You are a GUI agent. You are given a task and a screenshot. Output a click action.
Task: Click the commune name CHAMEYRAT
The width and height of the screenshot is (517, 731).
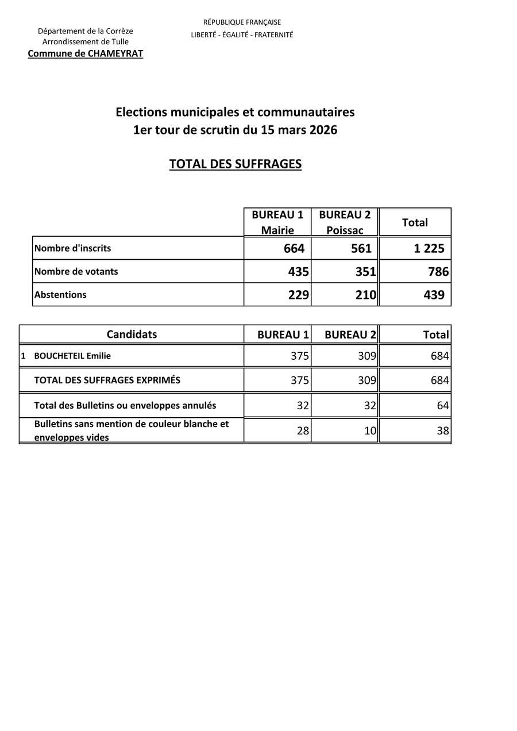pos(109,53)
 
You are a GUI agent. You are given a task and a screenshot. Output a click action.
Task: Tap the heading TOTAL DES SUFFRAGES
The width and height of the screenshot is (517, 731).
pos(235,164)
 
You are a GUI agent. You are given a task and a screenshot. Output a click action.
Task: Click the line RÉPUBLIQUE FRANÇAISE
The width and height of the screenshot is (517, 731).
pos(242,22)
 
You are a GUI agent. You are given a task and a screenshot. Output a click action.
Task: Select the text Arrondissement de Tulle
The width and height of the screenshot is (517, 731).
pos(86,42)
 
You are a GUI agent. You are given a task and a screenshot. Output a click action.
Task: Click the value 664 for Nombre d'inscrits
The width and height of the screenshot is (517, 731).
pos(294,249)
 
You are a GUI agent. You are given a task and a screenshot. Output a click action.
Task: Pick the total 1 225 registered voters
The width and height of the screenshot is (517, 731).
pos(429,249)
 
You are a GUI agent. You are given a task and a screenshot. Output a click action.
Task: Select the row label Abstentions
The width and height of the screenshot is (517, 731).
pos(60,295)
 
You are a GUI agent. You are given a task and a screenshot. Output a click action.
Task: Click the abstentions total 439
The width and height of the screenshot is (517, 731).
pos(434,295)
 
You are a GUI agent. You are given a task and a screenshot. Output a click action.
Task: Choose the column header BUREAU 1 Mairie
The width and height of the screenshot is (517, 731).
pos(277,222)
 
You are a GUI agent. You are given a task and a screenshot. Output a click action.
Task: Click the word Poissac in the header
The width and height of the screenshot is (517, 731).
pos(345,230)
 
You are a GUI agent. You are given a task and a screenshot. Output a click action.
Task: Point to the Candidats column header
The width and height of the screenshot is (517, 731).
pos(132,334)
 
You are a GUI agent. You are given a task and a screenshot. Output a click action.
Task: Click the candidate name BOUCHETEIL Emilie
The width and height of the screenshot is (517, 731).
pos(72,356)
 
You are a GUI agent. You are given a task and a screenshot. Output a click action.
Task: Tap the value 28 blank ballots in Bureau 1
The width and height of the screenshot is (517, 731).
pos(303,430)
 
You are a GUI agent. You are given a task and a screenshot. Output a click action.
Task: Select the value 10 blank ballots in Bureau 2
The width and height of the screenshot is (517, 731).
pos(370,430)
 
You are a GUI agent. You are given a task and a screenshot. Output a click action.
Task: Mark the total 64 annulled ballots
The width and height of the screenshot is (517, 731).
pos(442,406)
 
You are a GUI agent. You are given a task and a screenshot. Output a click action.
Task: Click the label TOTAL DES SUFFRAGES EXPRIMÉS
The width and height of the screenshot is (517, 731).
pos(107,380)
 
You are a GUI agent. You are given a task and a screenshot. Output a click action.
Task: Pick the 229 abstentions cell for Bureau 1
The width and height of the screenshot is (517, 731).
pos(299,295)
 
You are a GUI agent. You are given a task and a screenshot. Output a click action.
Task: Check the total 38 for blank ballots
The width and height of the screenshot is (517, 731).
pos(442,430)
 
